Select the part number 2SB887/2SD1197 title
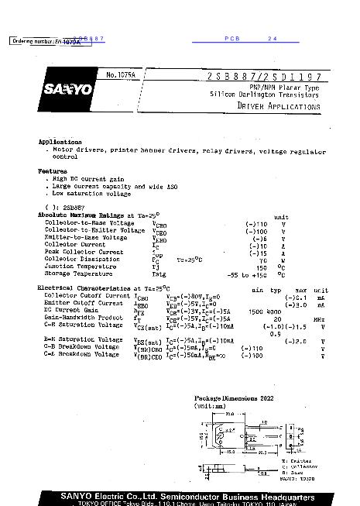pyautogui.click(x=263, y=75)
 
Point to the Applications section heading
pyautogui.click(x=60, y=143)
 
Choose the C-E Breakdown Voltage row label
pyautogui.click(x=81, y=354)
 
